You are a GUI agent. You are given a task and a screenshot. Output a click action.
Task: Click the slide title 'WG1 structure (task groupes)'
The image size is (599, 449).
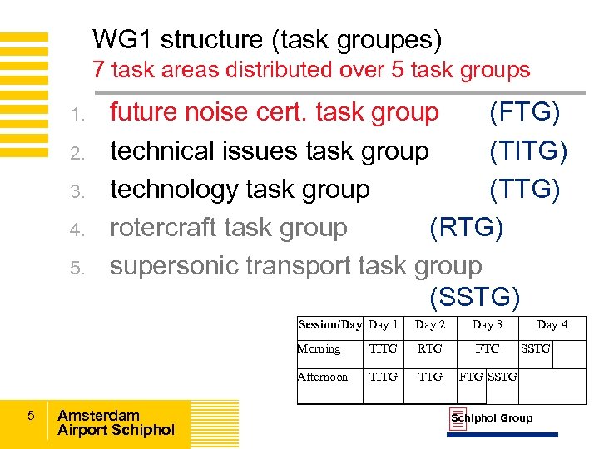click(x=266, y=39)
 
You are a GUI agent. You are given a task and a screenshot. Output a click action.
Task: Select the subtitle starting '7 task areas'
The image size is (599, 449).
click(x=311, y=70)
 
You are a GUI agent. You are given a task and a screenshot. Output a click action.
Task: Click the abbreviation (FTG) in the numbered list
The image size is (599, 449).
click(x=524, y=112)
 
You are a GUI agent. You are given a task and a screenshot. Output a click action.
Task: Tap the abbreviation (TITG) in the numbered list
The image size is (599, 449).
click(x=528, y=150)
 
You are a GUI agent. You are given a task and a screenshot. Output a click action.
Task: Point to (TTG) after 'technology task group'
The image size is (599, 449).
click(x=524, y=189)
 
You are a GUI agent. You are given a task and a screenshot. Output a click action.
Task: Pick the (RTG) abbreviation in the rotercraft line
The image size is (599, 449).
click(x=466, y=227)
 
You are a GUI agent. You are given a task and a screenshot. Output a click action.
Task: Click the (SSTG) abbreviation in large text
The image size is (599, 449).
click(x=475, y=296)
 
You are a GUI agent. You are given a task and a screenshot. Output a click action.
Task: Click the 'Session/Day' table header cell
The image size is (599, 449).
click(x=329, y=325)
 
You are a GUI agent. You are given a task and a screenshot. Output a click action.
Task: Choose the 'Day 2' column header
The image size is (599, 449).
click(x=430, y=325)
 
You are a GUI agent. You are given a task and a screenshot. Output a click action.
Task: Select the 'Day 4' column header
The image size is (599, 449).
click(x=552, y=325)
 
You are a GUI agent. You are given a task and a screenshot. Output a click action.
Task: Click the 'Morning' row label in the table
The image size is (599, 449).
click(x=319, y=349)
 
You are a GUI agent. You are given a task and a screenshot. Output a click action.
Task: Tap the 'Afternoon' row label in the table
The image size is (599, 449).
click(x=323, y=377)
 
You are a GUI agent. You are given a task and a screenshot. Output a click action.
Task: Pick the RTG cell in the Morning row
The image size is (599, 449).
click(x=430, y=349)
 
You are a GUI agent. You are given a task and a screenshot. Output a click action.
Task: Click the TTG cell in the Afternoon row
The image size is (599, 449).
click(x=430, y=377)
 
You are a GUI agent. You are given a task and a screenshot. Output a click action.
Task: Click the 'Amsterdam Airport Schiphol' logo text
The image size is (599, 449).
click(x=116, y=422)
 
